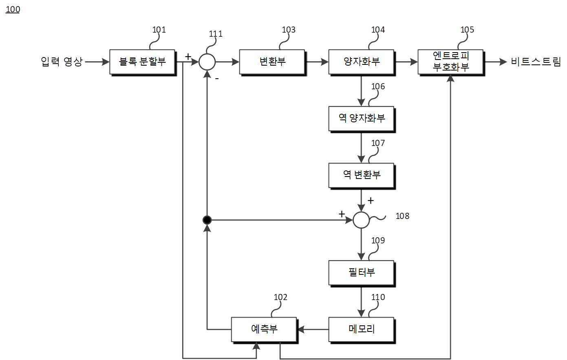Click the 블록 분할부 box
143,62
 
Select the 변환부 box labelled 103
273,62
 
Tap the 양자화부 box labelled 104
362,62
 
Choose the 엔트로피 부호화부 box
451,62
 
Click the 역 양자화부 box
362,119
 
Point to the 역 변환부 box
362,176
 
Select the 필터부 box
362,273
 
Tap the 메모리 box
362,330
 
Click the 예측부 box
264,330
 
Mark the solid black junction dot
207,220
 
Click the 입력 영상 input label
62,62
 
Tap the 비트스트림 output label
536,62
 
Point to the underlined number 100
13,9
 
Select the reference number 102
280,297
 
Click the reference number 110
378,297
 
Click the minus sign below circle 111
217,79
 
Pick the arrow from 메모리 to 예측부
313,329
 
